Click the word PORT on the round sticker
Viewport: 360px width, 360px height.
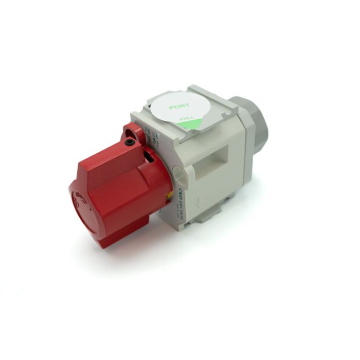point(179,107)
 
